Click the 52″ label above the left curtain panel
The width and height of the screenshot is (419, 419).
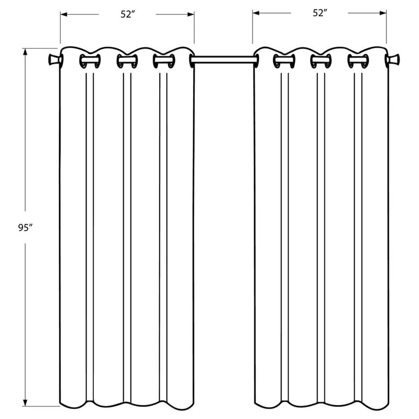coord(127,15)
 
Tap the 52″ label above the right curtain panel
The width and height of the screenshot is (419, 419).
coord(320,13)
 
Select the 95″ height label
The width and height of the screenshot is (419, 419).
coord(25,228)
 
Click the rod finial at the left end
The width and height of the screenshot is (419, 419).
coord(53,60)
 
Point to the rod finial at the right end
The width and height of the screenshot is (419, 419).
coord(394,60)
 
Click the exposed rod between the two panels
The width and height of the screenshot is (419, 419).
coord(224,60)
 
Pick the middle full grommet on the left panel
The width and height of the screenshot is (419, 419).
coord(127,61)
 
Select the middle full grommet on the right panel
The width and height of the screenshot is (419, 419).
coord(321,61)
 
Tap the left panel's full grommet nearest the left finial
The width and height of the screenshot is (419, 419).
coord(90,61)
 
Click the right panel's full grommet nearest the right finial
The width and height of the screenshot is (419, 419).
coord(358,61)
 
